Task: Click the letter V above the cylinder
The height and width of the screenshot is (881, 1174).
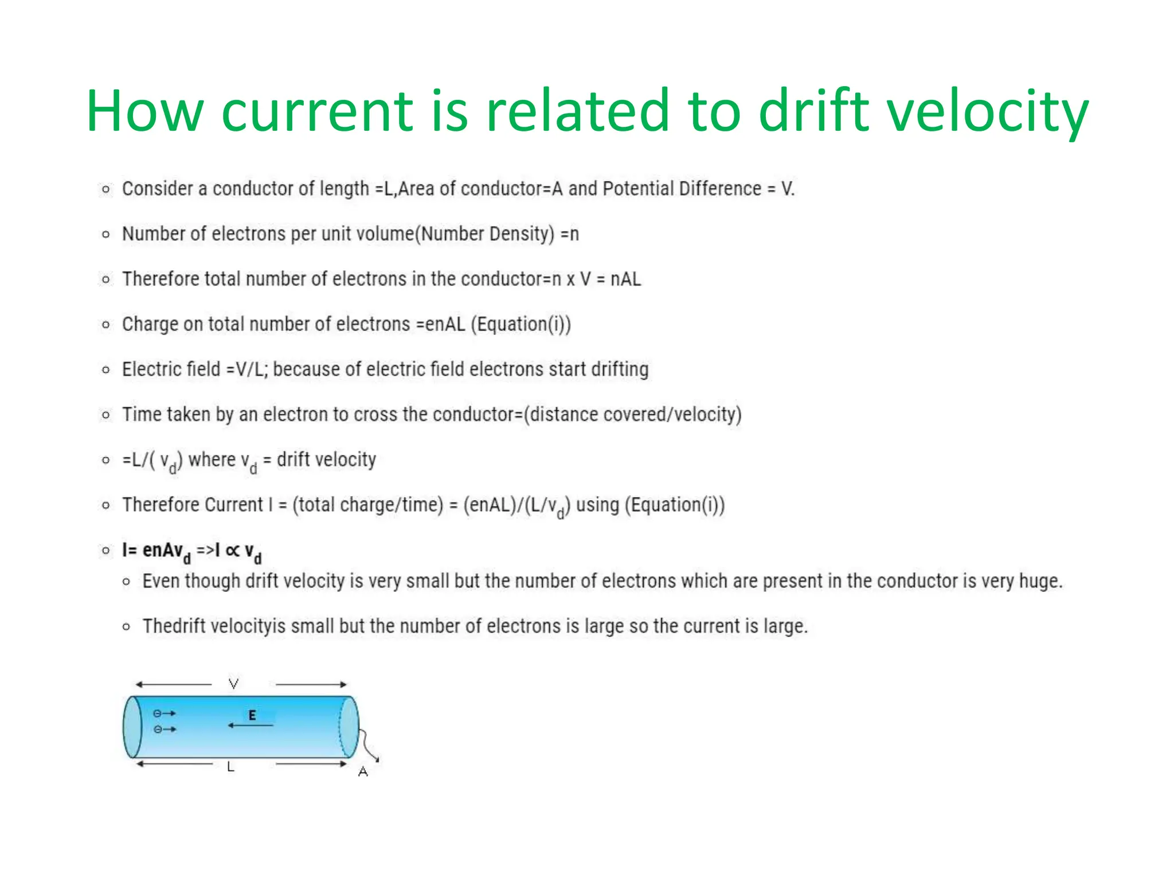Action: [233, 683]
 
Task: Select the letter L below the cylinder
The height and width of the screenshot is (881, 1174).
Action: [230, 767]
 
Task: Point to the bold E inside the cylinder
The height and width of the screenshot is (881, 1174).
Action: [252, 715]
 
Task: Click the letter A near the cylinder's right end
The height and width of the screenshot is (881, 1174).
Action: [363, 772]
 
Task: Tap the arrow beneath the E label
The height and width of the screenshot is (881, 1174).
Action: [251, 726]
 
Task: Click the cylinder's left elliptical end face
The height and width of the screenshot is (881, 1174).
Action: [132, 727]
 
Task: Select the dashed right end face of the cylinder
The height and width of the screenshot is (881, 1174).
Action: [349, 727]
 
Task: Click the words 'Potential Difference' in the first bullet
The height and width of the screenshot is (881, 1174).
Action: [682, 189]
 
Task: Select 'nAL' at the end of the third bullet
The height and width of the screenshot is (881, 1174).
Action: [625, 279]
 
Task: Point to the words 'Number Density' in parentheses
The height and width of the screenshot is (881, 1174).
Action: [484, 234]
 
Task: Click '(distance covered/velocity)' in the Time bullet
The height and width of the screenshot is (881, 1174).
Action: [632, 414]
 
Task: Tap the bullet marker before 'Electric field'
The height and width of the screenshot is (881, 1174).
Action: [105, 370]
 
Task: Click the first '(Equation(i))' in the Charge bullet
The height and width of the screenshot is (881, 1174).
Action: [521, 324]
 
